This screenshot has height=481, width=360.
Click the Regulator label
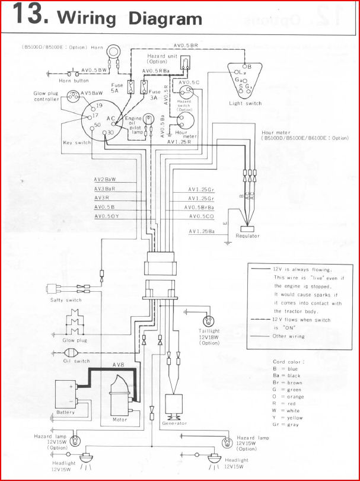coord(248,236)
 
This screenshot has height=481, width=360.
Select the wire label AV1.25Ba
coord(202,231)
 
